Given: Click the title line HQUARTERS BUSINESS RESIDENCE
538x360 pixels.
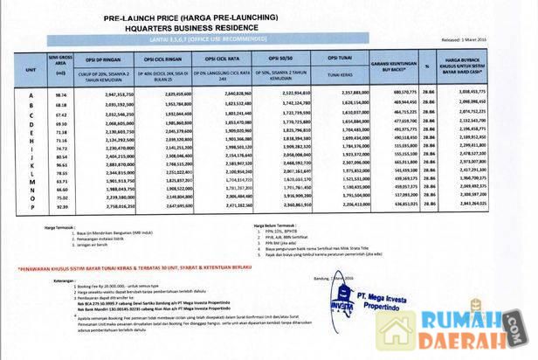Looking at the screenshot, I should (263, 26).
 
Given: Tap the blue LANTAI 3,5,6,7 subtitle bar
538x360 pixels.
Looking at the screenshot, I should (263, 39).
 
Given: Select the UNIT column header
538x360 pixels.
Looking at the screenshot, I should (31, 66).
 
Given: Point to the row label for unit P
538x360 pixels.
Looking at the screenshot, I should (31, 205).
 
